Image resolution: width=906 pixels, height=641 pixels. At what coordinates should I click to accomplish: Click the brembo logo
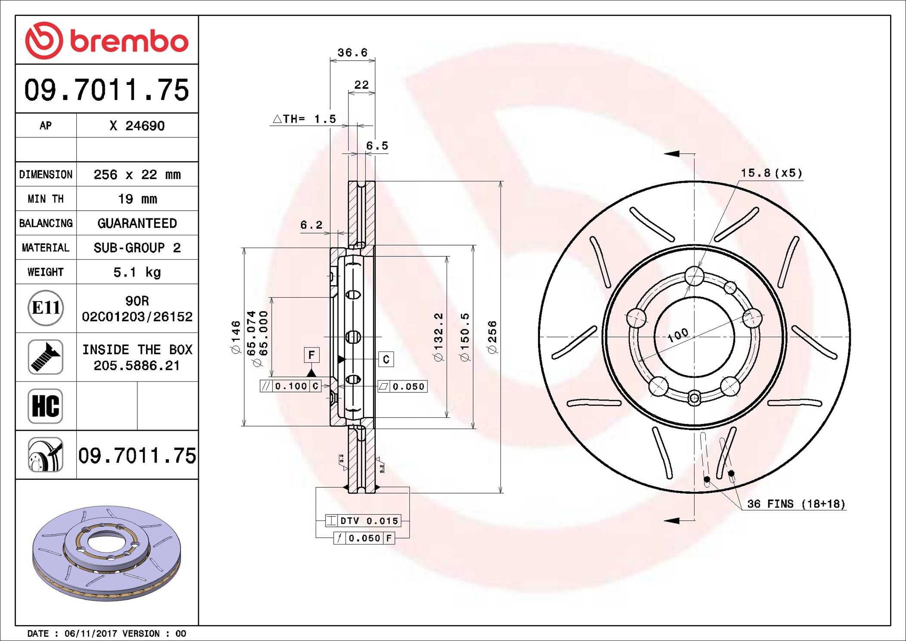pyautogui.click(x=107, y=40)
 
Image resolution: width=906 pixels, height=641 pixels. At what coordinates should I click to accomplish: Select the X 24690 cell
pyautogui.click(x=137, y=126)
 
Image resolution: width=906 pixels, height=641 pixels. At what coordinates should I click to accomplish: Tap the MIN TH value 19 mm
pyautogui.click(x=137, y=199)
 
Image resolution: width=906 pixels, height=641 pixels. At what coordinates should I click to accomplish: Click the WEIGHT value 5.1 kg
pyautogui.click(x=137, y=272)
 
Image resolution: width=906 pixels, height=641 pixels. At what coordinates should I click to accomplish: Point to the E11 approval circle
pyautogui.click(x=46, y=308)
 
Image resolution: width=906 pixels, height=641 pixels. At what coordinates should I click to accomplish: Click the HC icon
pyautogui.click(x=46, y=406)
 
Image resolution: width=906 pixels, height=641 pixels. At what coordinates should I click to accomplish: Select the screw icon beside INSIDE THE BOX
pyautogui.click(x=46, y=357)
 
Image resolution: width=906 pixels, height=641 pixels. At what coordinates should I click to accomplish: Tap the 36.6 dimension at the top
pyautogui.click(x=352, y=53)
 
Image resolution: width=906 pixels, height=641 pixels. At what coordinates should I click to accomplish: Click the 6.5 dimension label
pyautogui.click(x=377, y=146)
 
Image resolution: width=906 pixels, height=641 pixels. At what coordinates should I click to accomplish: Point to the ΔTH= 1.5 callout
pyautogui.click(x=304, y=119)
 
